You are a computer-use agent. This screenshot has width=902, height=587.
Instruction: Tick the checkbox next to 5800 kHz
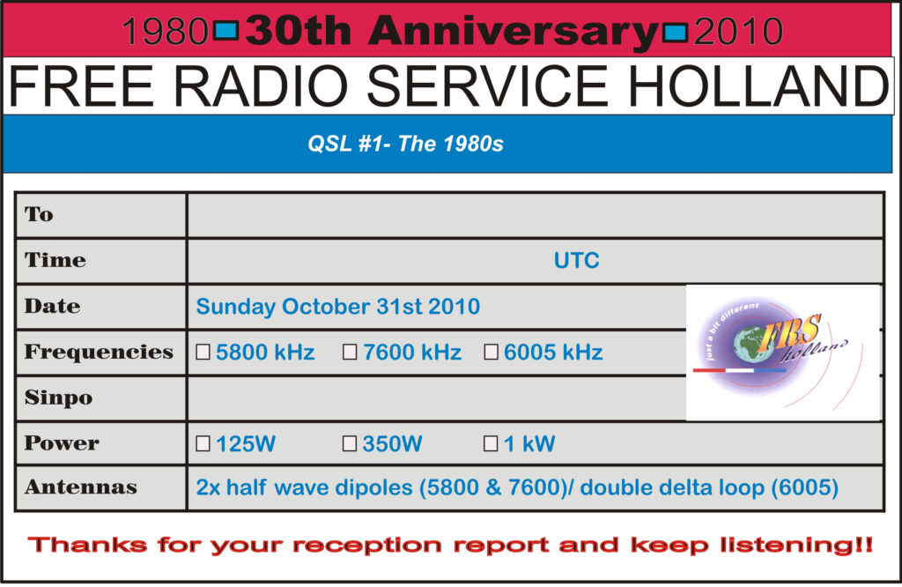tap(203, 353)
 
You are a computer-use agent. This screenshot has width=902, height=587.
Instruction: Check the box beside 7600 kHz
tap(350, 353)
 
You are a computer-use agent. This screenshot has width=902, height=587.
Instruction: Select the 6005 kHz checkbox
tap(492, 353)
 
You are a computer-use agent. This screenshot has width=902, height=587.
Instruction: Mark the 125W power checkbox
tap(203, 444)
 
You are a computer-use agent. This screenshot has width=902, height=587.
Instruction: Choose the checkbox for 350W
tap(350, 444)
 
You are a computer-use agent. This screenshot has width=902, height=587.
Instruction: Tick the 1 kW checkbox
tap(492, 444)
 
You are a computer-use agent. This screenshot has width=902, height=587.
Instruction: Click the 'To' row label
tap(39, 214)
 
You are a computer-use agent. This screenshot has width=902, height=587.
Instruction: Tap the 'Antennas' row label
tap(80, 487)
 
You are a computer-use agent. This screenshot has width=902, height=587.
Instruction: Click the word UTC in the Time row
tap(576, 261)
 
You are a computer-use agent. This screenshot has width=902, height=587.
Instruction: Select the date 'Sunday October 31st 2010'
tap(337, 307)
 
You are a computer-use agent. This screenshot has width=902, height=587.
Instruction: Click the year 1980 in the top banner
tap(164, 33)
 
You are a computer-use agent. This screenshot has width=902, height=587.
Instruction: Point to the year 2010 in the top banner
tap(738, 33)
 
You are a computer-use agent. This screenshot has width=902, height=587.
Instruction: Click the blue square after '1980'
tap(226, 32)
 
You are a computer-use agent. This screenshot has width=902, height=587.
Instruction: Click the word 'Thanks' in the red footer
tap(85, 545)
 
